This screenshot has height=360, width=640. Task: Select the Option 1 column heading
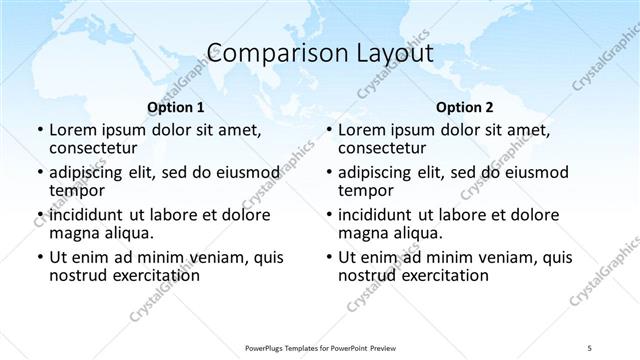point(175,106)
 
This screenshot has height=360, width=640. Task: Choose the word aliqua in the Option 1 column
point(125,233)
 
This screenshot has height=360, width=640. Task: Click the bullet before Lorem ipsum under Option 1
point(39,130)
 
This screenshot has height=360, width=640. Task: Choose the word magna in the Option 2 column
point(364,233)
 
